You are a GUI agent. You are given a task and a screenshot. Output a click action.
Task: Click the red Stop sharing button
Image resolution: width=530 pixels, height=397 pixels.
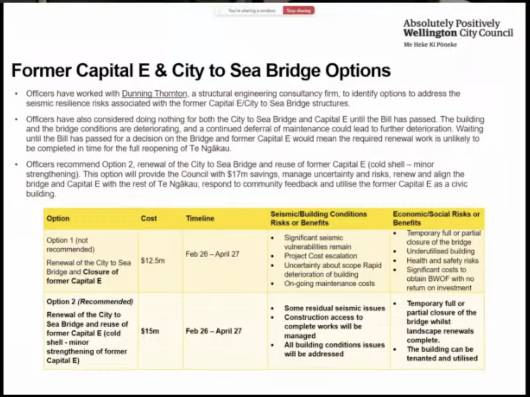[x=298, y=11]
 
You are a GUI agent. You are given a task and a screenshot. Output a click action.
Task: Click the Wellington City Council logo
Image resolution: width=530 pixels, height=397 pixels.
[x=458, y=28]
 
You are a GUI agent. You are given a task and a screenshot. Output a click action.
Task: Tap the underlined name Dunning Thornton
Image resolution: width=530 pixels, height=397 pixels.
[x=154, y=93]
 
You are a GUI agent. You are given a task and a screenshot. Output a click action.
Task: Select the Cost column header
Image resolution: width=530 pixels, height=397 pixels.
[x=149, y=219]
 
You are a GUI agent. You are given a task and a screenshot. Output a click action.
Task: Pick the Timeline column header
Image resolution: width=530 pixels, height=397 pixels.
[x=200, y=219]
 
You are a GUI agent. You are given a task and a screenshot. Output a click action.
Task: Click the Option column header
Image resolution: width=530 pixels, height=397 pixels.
[x=58, y=219]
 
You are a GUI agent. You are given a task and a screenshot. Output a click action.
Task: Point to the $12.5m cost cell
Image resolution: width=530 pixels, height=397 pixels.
[x=153, y=261]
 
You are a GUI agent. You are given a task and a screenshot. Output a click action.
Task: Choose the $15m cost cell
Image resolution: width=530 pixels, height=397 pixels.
[x=150, y=331]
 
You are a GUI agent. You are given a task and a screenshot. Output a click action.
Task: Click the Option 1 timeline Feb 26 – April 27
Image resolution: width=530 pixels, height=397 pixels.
[x=212, y=254]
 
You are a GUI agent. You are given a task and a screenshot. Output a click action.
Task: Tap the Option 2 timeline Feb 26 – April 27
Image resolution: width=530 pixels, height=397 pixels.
[x=213, y=331]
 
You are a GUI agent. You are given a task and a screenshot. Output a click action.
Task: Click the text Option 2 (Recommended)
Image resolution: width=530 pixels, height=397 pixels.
[x=90, y=302]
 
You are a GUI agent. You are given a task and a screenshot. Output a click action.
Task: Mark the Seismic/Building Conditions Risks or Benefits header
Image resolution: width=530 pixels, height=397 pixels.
[x=319, y=219]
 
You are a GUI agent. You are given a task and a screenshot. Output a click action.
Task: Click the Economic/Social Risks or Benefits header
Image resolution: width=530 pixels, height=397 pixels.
[x=436, y=219]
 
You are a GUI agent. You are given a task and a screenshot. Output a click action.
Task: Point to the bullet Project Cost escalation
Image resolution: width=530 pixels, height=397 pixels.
[x=320, y=256]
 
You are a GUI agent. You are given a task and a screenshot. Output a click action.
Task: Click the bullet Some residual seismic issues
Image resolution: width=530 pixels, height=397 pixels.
[x=334, y=308]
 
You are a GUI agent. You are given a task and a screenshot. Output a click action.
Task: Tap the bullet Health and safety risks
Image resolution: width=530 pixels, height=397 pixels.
[x=443, y=260]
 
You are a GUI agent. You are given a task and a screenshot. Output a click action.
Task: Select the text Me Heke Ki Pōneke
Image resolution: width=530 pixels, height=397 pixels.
[x=430, y=45]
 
